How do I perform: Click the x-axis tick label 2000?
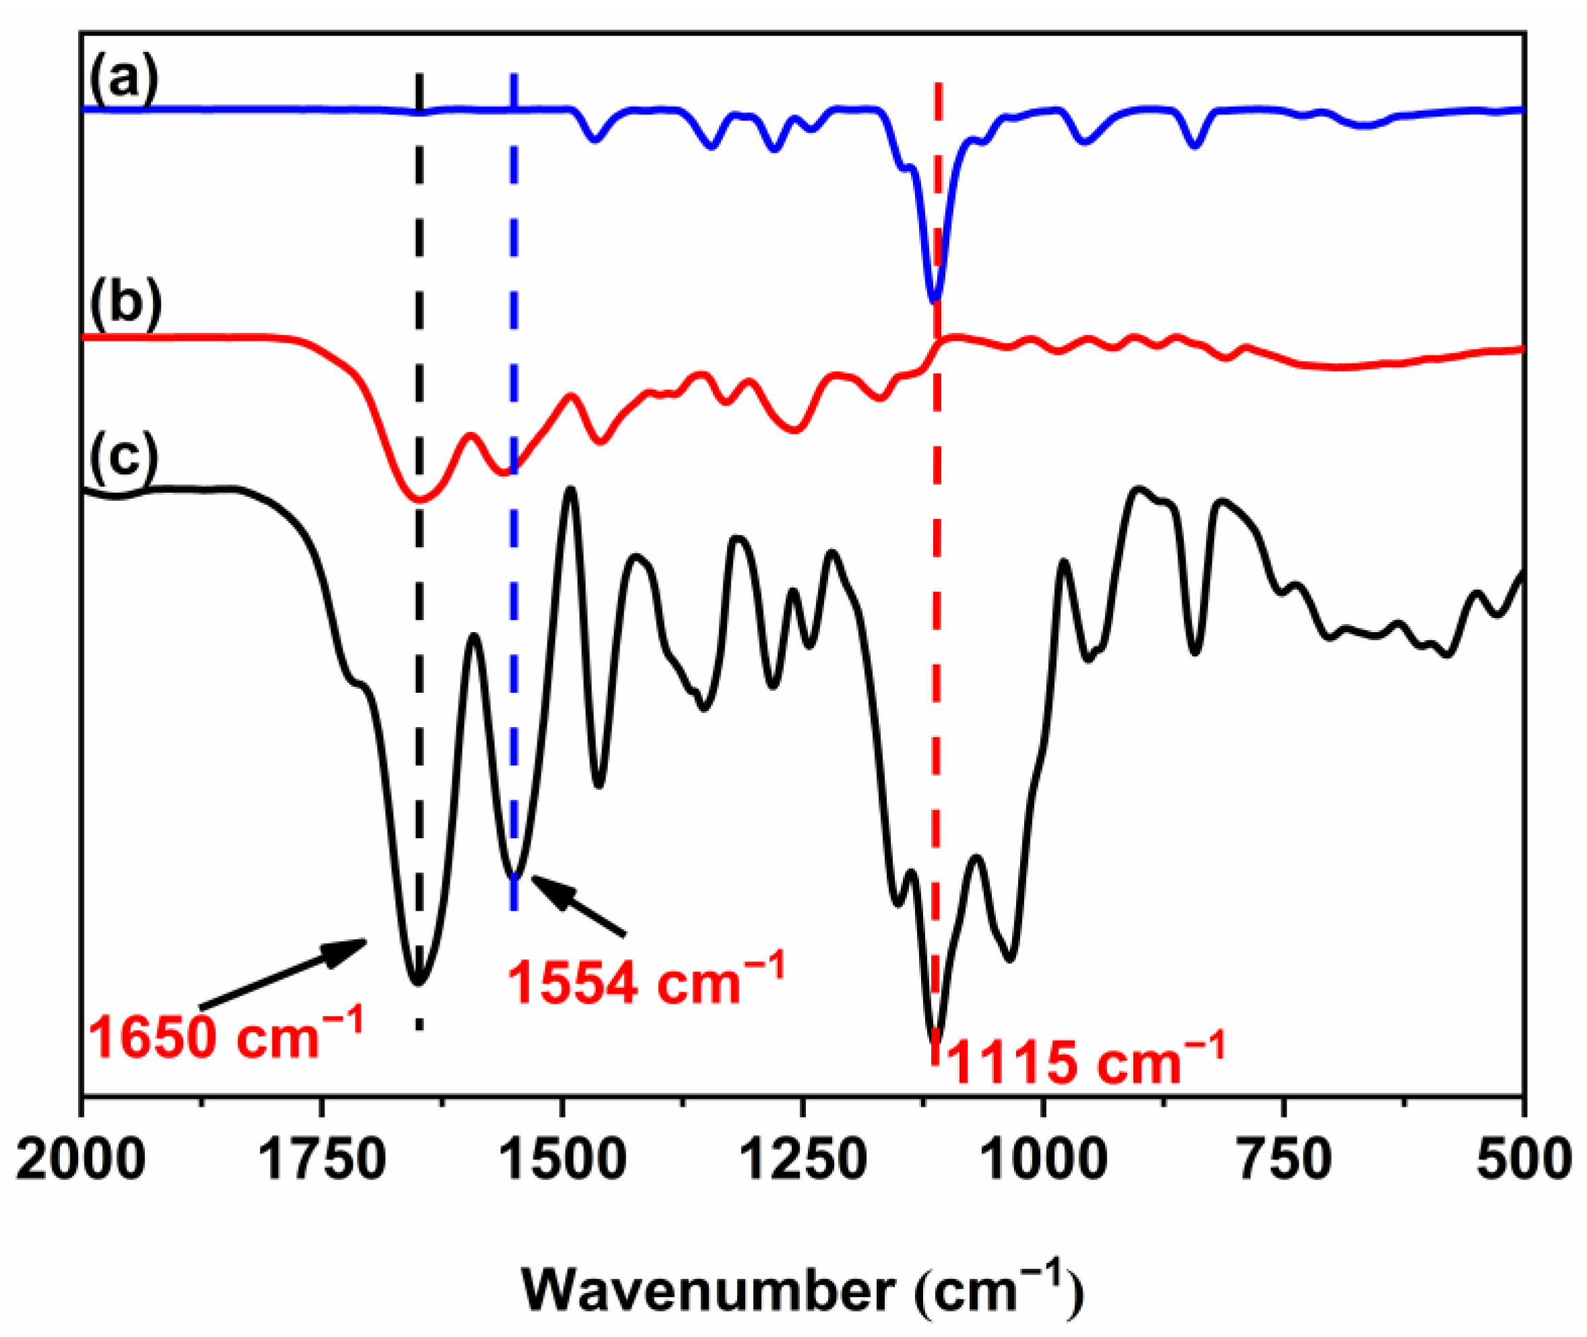(x=80, y=1161)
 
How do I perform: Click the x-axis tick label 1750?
(x=322, y=1161)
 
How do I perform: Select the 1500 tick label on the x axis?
(x=562, y=1161)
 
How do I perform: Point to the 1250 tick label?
(x=803, y=1161)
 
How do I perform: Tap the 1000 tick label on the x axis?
(x=1044, y=1161)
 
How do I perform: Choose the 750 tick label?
(x=1285, y=1161)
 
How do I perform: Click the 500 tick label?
(x=1523, y=1161)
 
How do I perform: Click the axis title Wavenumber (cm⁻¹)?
(x=803, y=1291)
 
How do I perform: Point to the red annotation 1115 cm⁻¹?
(x=1085, y=1060)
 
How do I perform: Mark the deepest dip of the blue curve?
(x=935, y=299)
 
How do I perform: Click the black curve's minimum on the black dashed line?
(x=418, y=983)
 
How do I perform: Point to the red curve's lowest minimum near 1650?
(x=418, y=500)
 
